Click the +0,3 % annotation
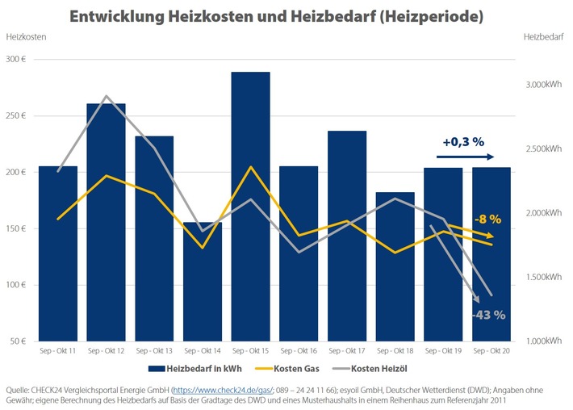pyautogui.click(x=463, y=142)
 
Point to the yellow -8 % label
pyautogui.click(x=487, y=218)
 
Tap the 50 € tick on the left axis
pyautogui.click(x=19, y=341)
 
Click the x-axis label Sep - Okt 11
pyautogui.click(x=58, y=352)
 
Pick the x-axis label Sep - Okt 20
pyautogui.click(x=491, y=352)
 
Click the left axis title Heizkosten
pyautogui.click(x=25, y=37)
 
